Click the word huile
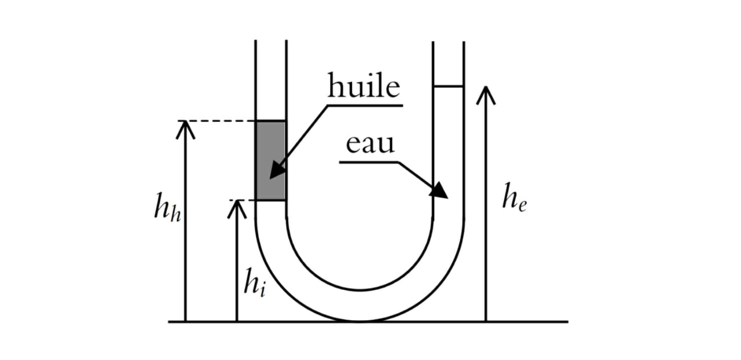point(364,87)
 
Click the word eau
point(370,144)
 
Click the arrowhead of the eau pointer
point(441,190)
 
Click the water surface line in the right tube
point(449,86)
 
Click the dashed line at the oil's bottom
point(243,200)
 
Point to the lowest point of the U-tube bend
point(360,319)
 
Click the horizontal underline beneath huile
point(365,105)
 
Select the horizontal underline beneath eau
point(368,162)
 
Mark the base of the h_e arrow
point(486,319)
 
